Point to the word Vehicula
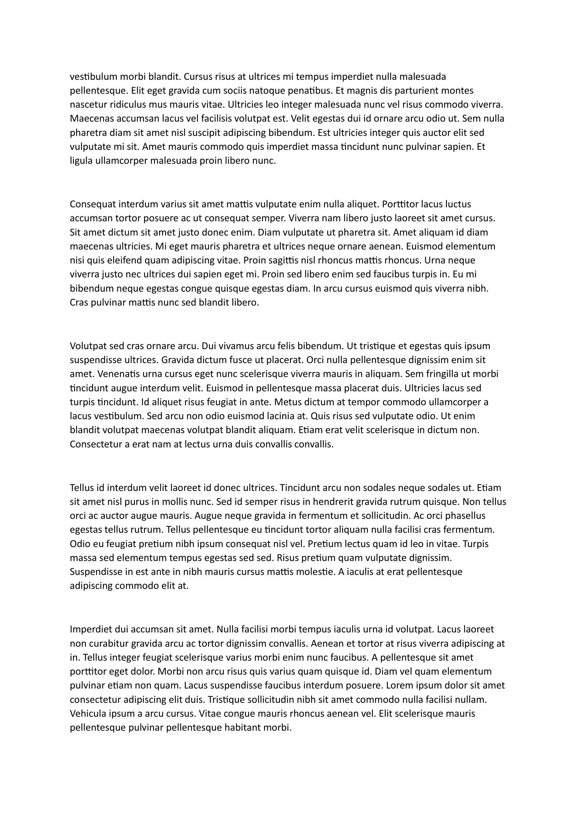(x=88, y=714)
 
